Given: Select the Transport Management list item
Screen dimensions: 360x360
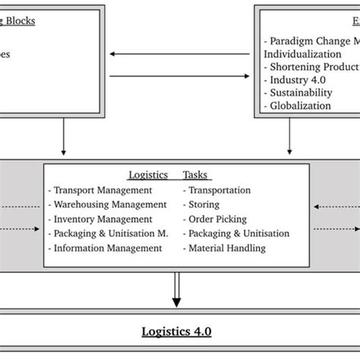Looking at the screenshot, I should pyautogui.click(x=99, y=191).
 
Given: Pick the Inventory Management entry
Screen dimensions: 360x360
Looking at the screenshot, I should pyautogui.click(x=101, y=219).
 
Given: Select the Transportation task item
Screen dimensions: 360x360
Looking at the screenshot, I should pyautogui.click(x=216, y=191).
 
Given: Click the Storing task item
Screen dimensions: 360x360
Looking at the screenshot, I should pyautogui.click(x=204, y=204).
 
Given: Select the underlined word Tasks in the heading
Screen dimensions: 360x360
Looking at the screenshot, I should pyautogui.click(x=197, y=175).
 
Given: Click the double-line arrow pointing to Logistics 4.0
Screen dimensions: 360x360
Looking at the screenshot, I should pyautogui.click(x=177, y=291).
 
